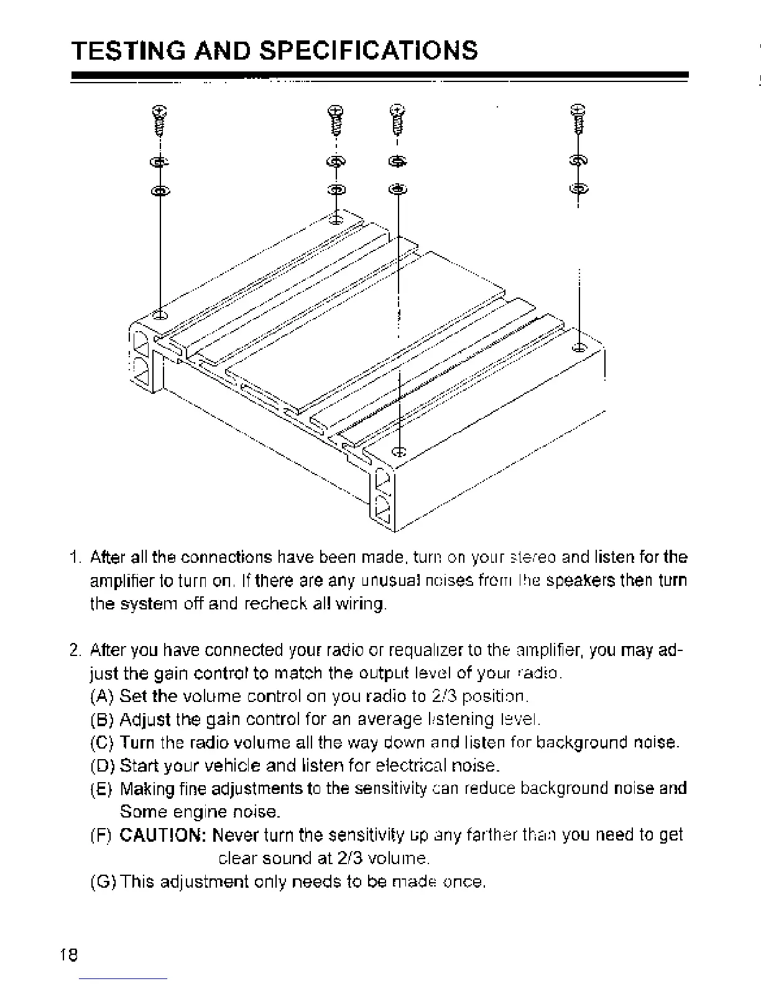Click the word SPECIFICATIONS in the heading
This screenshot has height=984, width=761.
coord(368,50)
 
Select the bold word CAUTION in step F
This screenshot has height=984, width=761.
coord(162,835)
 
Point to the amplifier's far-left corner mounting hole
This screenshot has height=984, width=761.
coord(160,315)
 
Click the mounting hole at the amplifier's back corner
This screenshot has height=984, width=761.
coord(336,219)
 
